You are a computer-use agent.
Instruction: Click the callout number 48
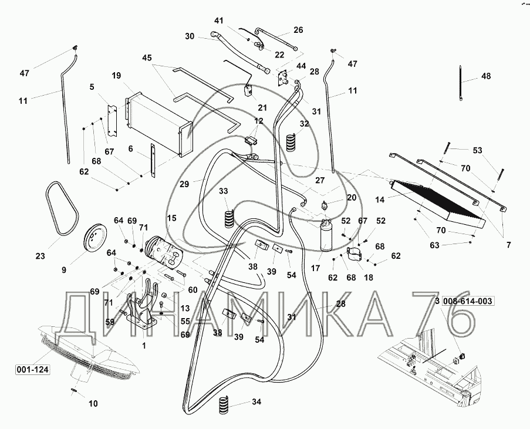[486, 76]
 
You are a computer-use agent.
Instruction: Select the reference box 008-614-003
[468, 302]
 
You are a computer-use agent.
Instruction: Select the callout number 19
[116, 76]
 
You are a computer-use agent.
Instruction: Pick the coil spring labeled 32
[291, 143]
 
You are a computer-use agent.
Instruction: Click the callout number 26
[298, 31]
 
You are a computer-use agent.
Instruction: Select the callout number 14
[380, 200]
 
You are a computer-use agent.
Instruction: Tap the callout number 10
[94, 403]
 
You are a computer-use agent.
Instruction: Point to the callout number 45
[147, 58]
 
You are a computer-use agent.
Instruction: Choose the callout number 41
[218, 21]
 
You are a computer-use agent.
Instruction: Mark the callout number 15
[171, 218]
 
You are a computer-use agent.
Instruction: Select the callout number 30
[190, 36]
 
